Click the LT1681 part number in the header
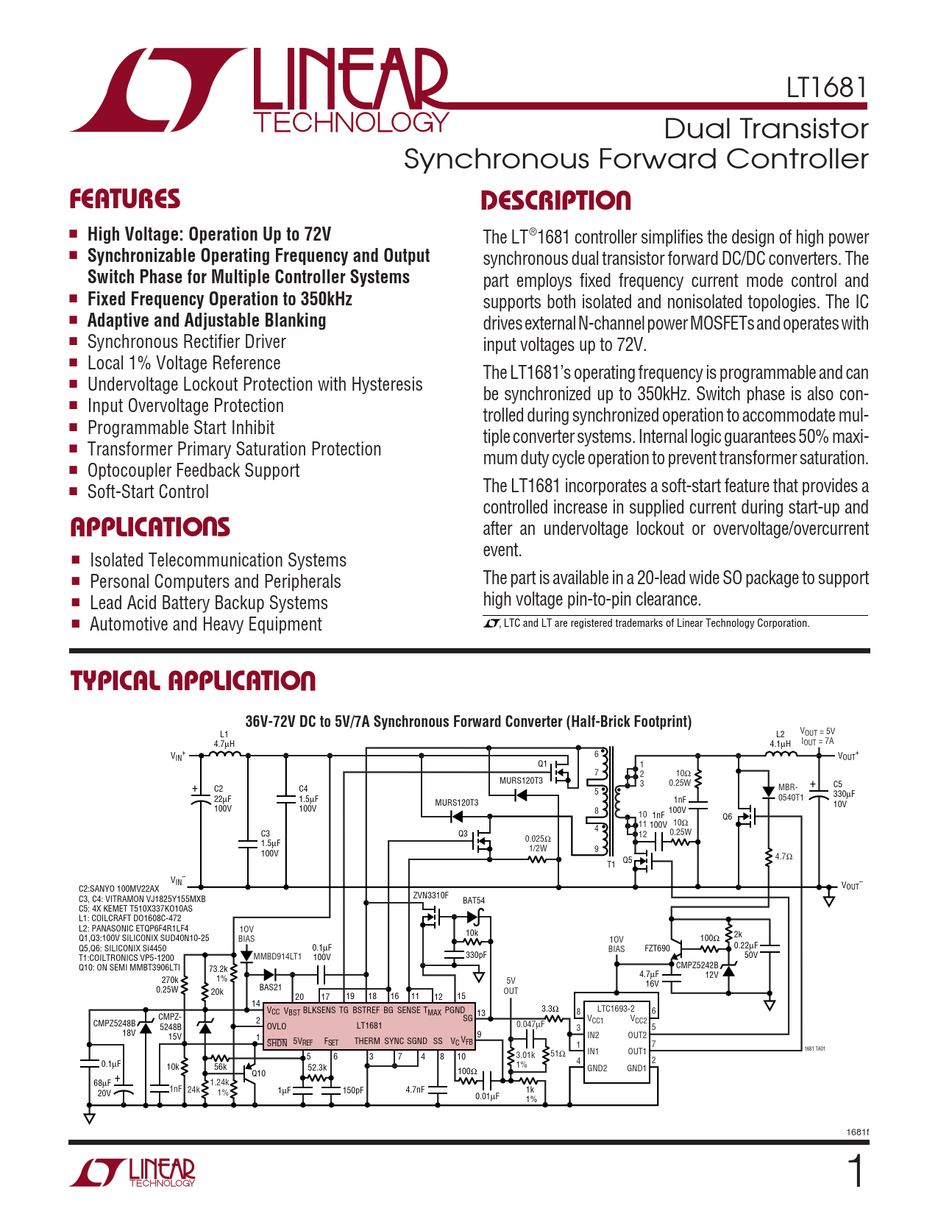pyautogui.click(x=826, y=88)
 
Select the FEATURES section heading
pyautogui.click(x=124, y=199)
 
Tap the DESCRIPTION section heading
pyautogui.click(x=555, y=201)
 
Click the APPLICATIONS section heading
pyautogui.click(x=150, y=527)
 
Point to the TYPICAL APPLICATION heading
pyautogui.click(x=193, y=681)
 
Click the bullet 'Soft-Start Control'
pyautogui.click(x=148, y=492)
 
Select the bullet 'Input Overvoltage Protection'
pyautogui.click(x=185, y=406)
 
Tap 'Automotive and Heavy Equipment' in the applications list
pyautogui.click(x=206, y=625)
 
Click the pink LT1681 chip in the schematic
pyautogui.click(x=369, y=1026)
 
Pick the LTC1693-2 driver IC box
pyautogui.click(x=616, y=1041)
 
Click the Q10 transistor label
pyautogui.click(x=259, y=1073)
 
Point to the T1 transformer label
pyautogui.click(x=611, y=865)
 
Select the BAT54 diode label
pyautogui.click(x=474, y=901)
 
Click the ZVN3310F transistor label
pyautogui.click(x=430, y=895)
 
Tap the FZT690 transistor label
pyautogui.click(x=657, y=948)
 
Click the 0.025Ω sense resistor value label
pyautogui.click(x=538, y=839)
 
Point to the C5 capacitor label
pyautogui.click(x=837, y=784)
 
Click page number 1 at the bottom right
pyautogui.click(x=856, y=1171)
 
